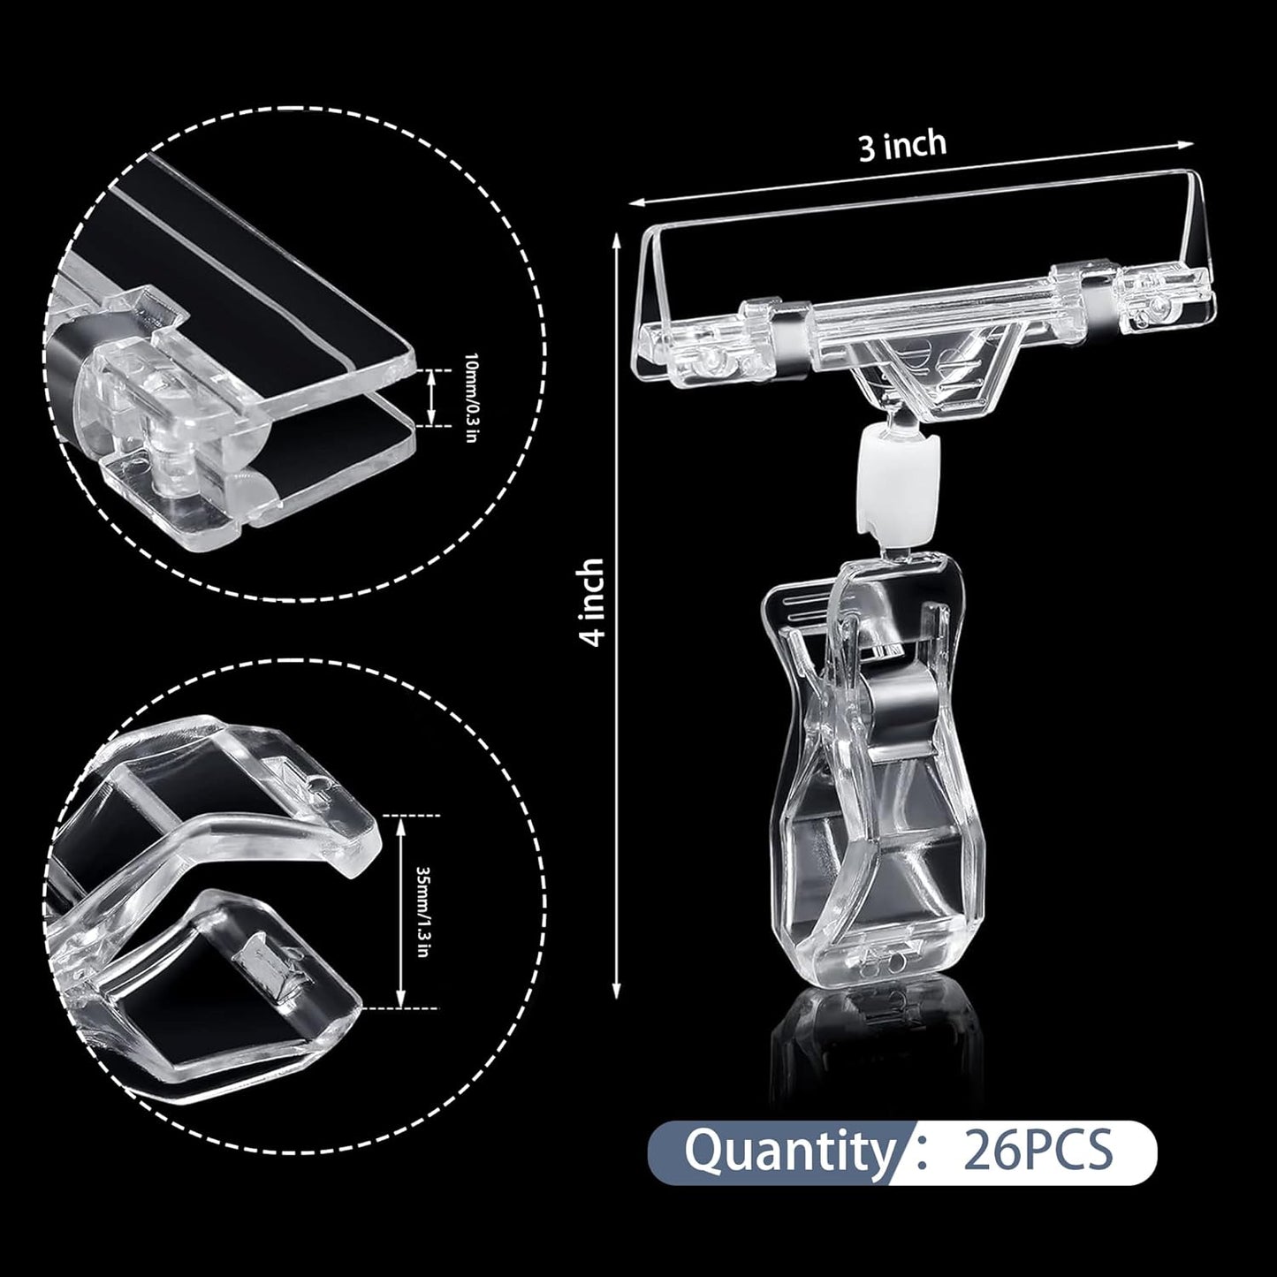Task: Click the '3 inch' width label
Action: tap(902, 145)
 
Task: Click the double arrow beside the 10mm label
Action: tap(431, 397)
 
